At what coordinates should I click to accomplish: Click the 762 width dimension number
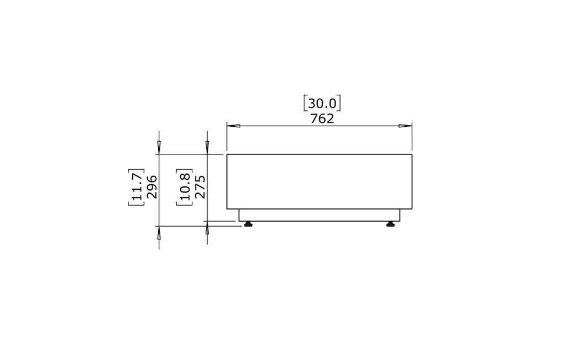tap(322, 119)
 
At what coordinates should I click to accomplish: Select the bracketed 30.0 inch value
tap(322, 104)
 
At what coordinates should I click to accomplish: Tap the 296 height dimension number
tap(152, 187)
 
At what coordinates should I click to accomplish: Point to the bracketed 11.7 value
tap(137, 187)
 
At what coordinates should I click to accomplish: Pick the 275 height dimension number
tap(200, 187)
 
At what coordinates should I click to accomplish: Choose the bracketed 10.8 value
tap(185, 187)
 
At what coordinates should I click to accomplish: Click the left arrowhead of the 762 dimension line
tap(234, 126)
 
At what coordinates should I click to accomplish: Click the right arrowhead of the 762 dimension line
tap(405, 126)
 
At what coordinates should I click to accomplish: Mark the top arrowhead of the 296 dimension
tap(159, 147)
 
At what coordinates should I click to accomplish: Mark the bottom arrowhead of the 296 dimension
tap(159, 233)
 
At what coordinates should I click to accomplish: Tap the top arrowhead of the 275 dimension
tap(207, 147)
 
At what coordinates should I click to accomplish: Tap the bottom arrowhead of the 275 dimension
tap(207, 228)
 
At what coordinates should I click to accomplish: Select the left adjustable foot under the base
tap(248, 224)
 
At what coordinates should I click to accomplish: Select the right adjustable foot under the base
tap(391, 224)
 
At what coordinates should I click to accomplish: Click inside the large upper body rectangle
tap(319, 181)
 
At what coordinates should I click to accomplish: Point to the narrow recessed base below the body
tap(319, 215)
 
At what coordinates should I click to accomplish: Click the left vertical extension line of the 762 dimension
tap(227, 138)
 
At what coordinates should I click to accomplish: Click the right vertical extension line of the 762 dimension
tap(412, 138)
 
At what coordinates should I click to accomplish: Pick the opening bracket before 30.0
tap(305, 104)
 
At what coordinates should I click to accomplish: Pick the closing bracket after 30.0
tap(339, 104)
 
